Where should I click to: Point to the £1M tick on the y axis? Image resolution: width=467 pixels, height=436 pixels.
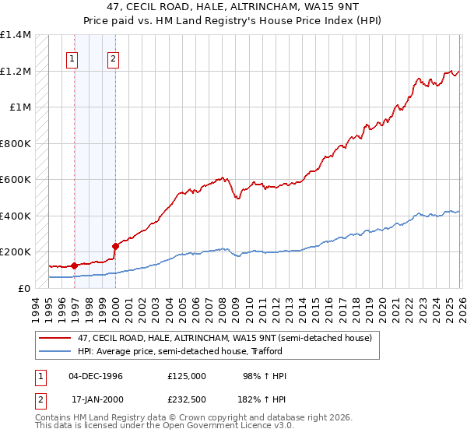click(x=21, y=107)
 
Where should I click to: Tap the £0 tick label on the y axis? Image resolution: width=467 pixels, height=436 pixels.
click(x=26, y=288)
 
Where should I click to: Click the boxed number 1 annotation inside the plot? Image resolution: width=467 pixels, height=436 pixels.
click(x=72, y=58)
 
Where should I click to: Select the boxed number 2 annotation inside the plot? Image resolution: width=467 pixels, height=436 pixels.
click(x=114, y=58)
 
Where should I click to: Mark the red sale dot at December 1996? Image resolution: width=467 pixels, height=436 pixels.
click(x=74, y=265)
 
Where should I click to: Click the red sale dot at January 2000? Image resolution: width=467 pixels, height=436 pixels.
click(x=115, y=246)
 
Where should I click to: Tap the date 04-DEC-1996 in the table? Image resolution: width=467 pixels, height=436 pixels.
click(x=96, y=376)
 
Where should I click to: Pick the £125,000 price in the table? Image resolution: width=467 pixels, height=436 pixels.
click(x=186, y=376)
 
